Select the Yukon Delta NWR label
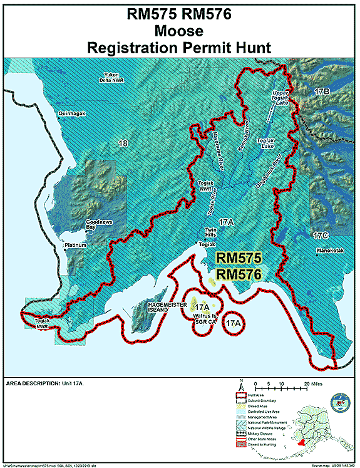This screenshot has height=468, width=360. (112, 78)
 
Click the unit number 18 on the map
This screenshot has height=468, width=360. (123, 143)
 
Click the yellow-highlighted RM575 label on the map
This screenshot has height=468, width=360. (238, 257)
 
